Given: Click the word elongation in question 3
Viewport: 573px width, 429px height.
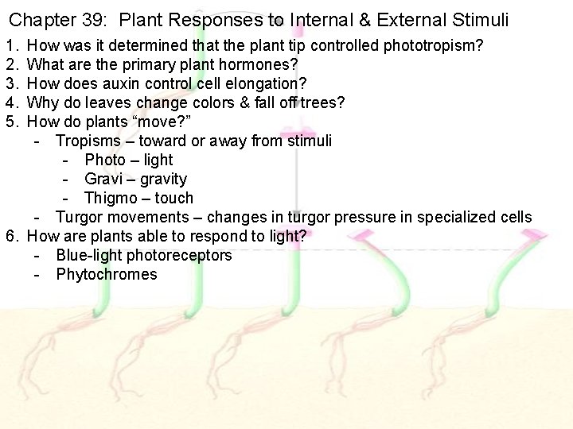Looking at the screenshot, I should click(268, 83).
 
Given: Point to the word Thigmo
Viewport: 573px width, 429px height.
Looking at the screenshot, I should click(112, 198).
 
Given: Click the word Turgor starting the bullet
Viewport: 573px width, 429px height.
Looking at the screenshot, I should click(79, 217).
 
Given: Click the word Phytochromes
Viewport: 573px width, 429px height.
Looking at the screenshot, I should click(107, 274).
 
